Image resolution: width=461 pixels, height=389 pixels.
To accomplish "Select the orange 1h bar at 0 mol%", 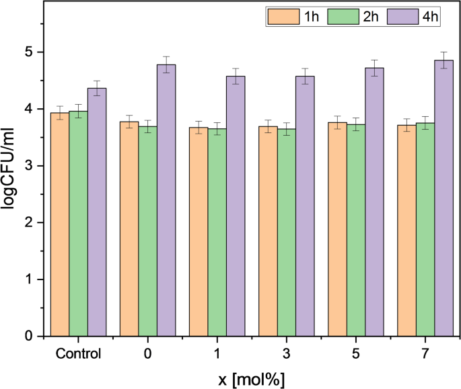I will point(129,228).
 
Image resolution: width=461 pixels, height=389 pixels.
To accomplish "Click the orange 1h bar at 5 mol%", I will point(337,228).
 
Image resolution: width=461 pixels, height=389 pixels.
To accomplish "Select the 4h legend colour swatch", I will point(406,17).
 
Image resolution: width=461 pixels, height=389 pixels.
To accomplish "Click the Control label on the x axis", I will point(78,354).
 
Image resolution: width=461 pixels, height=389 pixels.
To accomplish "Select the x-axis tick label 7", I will point(425,354).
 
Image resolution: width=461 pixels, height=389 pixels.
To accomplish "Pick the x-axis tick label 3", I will point(287,354).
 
